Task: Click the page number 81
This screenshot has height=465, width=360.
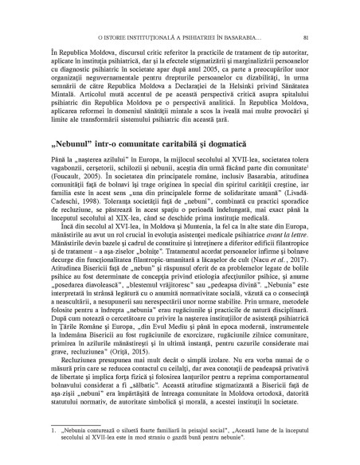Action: [x=317, y=37]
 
